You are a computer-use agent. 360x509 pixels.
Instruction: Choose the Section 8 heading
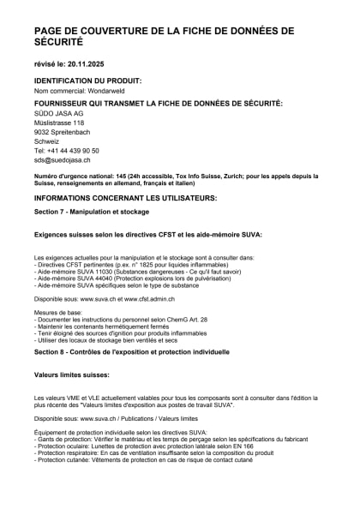[x=120, y=351]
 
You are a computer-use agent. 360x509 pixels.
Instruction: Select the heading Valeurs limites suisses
[x=72, y=375]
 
